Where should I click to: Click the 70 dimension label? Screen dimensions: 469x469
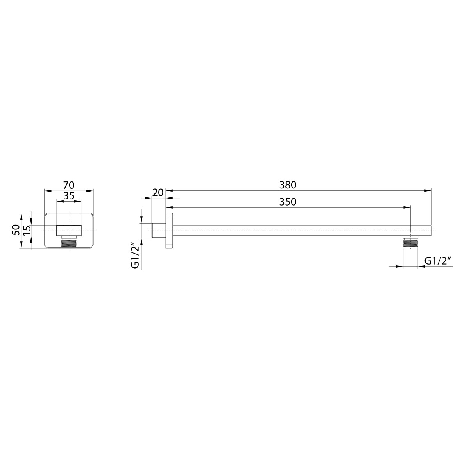coord(69,186)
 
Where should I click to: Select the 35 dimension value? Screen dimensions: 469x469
coord(69,196)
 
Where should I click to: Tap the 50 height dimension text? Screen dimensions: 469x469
coord(16,230)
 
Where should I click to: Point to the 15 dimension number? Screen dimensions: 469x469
coord(27,230)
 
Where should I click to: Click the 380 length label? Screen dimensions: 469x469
coord(288,185)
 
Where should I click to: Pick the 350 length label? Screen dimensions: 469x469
coord(288,202)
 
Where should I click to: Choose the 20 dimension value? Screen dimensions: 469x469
coord(158,193)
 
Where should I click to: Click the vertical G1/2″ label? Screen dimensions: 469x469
coord(136,256)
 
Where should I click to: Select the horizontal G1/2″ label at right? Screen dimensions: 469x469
coord(438,261)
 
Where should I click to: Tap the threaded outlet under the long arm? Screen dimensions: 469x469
coord(410,242)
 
